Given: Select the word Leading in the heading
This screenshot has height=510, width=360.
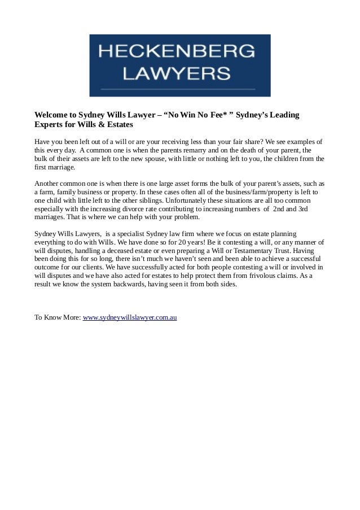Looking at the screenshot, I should [286, 115].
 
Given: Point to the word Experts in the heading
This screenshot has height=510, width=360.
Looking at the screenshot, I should [49, 124].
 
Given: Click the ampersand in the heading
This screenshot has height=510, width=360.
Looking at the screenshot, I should [97, 124].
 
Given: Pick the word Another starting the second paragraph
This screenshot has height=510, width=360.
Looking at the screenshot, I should [47, 184].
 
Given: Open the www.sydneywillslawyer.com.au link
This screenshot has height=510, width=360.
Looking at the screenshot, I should [130, 318].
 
